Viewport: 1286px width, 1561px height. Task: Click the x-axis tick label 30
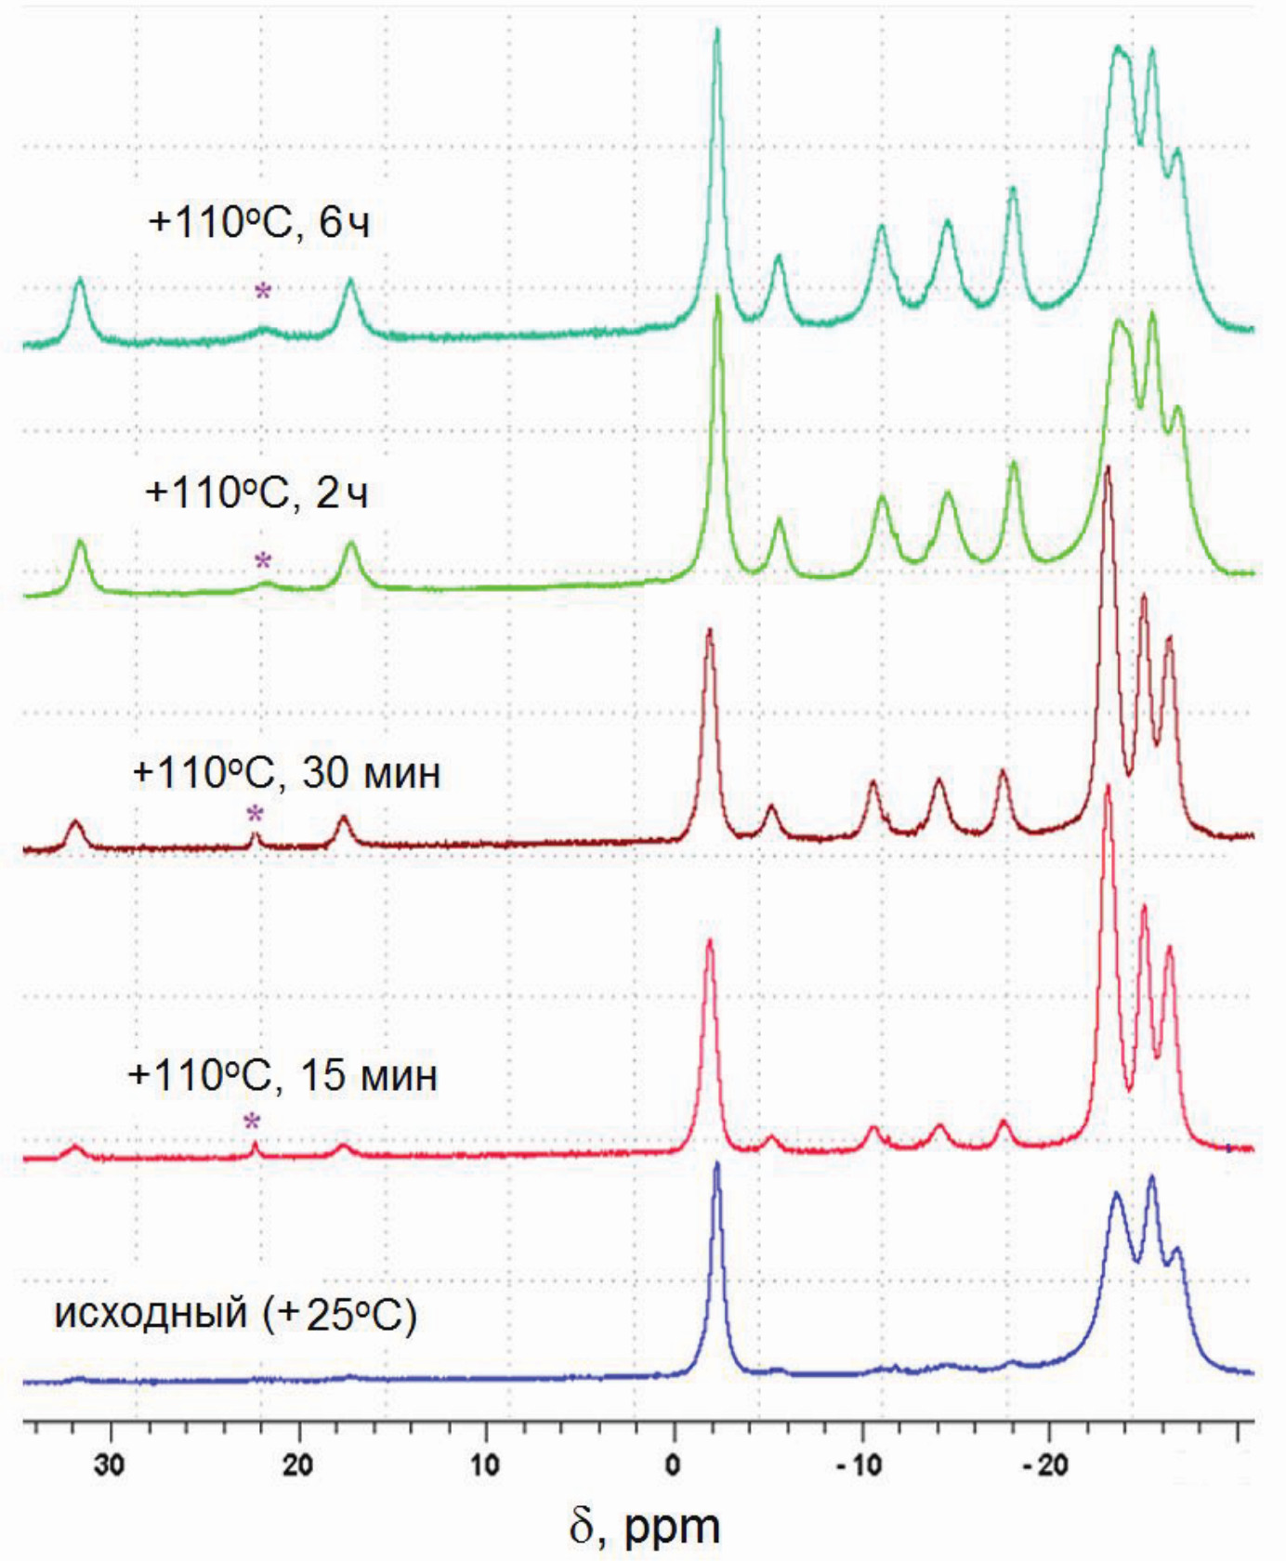(x=110, y=1465)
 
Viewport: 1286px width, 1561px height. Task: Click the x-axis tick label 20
(x=299, y=1465)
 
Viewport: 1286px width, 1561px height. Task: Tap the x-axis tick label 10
(x=485, y=1465)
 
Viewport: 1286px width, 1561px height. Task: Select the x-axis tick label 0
(x=673, y=1465)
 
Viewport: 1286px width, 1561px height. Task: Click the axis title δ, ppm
(x=645, y=1525)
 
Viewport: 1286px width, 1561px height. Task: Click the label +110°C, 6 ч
(x=259, y=223)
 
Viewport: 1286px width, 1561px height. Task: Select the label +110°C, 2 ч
(x=257, y=492)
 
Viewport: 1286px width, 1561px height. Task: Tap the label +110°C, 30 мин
(x=286, y=773)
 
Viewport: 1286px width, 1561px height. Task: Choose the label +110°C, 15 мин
(x=282, y=1075)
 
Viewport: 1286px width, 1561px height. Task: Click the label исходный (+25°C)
(x=236, y=1315)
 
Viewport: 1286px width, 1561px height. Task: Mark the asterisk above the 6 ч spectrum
(x=263, y=292)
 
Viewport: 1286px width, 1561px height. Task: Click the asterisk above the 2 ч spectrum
(x=263, y=561)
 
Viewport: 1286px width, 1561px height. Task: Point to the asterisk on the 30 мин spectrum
(x=255, y=816)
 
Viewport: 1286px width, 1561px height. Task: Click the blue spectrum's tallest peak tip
(x=716, y=1163)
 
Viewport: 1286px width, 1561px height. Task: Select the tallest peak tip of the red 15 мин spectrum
(x=1107, y=787)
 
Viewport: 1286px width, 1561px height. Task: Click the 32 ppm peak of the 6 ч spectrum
(x=80, y=279)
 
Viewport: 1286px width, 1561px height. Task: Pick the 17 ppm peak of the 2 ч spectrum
(x=351, y=544)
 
